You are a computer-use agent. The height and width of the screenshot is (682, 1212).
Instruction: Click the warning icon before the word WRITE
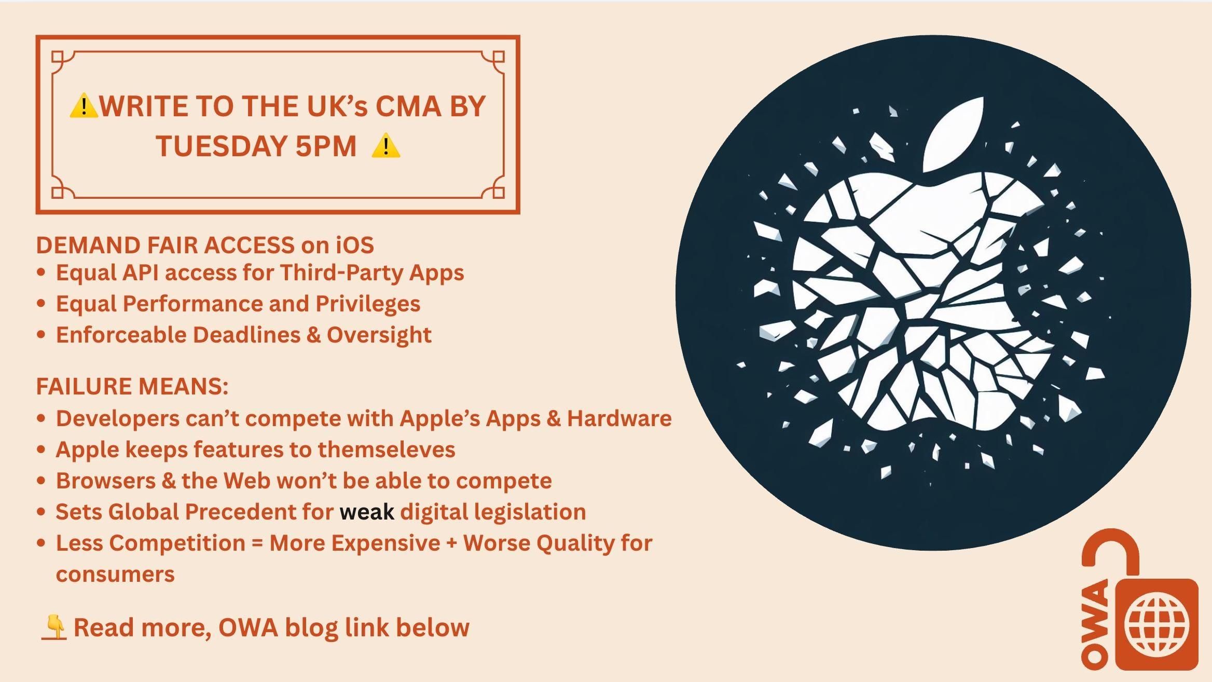pyautogui.click(x=83, y=106)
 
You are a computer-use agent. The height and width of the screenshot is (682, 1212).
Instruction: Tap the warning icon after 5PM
pyautogui.click(x=386, y=146)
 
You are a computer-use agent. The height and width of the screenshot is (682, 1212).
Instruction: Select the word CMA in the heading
pyautogui.click(x=408, y=106)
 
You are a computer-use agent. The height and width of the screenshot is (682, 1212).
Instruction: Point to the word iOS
pyautogui.click(x=355, y=245)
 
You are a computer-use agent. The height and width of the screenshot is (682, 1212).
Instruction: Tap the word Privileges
pyautogui.click(x=368, y=304)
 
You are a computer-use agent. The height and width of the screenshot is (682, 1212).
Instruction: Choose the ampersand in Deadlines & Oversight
pyautogui.click(x=313, y=335)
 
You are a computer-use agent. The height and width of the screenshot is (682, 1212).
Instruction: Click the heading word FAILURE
pyautogui.click(x=83, y=387)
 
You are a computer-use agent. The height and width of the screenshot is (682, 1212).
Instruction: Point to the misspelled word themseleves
pyautogui.click(x=386, y=449)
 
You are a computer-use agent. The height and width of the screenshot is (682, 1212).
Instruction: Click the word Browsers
pyautogui.click(x=106, y=481)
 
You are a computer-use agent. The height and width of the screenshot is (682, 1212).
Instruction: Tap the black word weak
pyautogui.click(x=367, y=512)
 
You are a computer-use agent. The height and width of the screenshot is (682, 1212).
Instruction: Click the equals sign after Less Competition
pyautogui.click(x=257, y=543)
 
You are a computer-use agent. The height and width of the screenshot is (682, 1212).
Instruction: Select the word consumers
pyautogui.click(x=115, y=575)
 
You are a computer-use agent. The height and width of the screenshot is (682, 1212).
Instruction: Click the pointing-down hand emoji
pyautogui.click(x=54, y=627)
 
